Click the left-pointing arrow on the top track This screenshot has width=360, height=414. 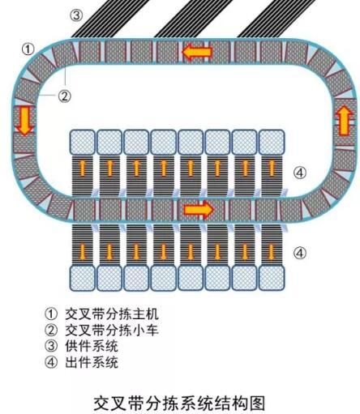[197, 52]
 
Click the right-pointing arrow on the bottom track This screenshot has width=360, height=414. [199, 209]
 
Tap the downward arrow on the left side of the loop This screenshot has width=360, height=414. [25, 121]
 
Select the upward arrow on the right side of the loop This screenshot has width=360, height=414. [345, 120]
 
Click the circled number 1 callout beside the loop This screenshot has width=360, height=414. [28, 49]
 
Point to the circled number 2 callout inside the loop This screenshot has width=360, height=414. [64, 96]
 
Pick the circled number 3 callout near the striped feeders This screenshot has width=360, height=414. [76, 15]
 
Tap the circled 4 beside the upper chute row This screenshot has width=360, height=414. [300, 173]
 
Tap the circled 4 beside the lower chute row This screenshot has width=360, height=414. [300, 253]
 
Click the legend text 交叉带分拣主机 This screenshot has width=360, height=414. [112, 314]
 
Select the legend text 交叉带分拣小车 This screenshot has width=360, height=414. [112, 330]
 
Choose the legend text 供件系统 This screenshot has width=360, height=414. [92, 346]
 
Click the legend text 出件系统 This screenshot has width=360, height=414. [92, 362]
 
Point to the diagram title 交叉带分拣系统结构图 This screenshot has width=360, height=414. [179, 403]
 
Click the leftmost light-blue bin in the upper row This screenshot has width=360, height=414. [83, 142]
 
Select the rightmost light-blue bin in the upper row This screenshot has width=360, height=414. [272, 142]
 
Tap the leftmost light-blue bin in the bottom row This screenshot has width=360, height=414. [83, 279]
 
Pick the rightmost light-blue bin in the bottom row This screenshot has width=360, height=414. [272, 279]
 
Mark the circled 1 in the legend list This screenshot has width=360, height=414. [51, 314]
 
